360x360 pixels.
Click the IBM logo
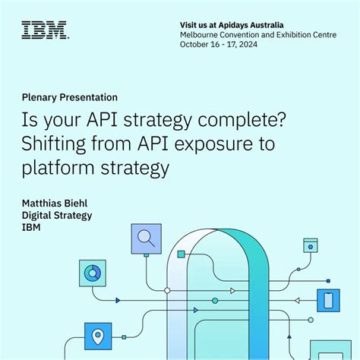tap(44, 30)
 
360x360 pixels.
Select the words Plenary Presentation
tap(68, 97)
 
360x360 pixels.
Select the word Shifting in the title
tap(58, 143)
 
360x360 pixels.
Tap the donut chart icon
tap(91, 272)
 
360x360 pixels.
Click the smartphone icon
tap(328, 300)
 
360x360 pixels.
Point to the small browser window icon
tap(310, 245)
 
